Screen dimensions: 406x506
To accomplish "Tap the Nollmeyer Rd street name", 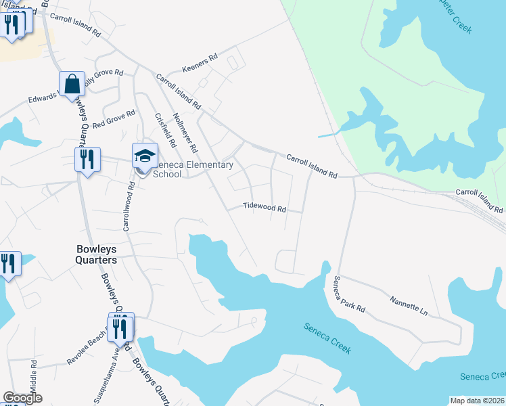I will (x=185, y=131).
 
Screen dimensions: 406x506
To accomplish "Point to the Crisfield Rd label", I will (x=165, y=129).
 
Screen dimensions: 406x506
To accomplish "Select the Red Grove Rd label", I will (x=114, y=120).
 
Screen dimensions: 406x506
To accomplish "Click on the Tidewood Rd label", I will (x=264, y=208).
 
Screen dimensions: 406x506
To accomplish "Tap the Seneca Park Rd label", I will (x=349, y=294).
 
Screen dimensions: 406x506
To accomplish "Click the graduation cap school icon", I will (x=145, y=156).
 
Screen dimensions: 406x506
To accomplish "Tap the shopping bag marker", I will (x=72, y=85).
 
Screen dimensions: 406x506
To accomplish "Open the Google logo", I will (x=22, y=398).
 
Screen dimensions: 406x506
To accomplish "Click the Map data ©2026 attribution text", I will (x=478, y=400).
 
